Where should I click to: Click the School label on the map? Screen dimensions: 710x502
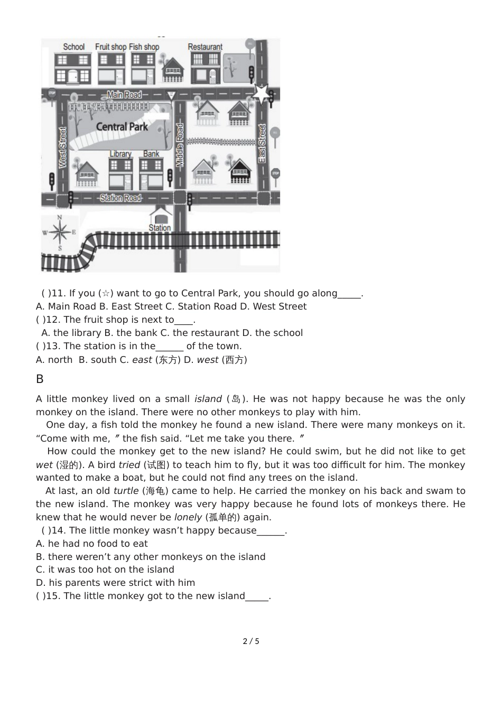pyautogui.click(x=73, y=46)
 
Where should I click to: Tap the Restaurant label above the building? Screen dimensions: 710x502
pyautogui.click(x=205, y=46)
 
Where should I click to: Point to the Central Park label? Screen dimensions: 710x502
pyautogui.click(x=122, y=127)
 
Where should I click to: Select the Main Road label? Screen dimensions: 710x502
pyautogui.click(x=124, y=95)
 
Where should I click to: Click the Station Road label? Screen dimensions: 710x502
pyautogui.click(x=121, y=198)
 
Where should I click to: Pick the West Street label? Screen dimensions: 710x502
pyautogui.click(x=62, y=147)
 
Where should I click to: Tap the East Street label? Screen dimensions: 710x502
pyautogui.click(x=262, y=143)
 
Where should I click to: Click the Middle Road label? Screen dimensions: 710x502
pyautogui.click(x=180, y=145)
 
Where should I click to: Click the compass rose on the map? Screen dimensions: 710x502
pyautogui.click(x=60, y=232)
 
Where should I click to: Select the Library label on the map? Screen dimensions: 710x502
pyautogui.click(x=120, y=154)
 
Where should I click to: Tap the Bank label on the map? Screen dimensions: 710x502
pyautogui.click(x=151, y=154)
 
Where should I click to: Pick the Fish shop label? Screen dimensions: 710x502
pyautogui.click(x=144, y=46)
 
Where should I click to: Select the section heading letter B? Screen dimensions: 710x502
pyautogui.click(x=40, y=379)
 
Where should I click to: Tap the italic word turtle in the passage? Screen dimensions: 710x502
pyautogui.click(x=126, y=491)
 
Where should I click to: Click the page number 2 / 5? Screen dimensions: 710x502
pyautogui.click(x=251, y=641)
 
